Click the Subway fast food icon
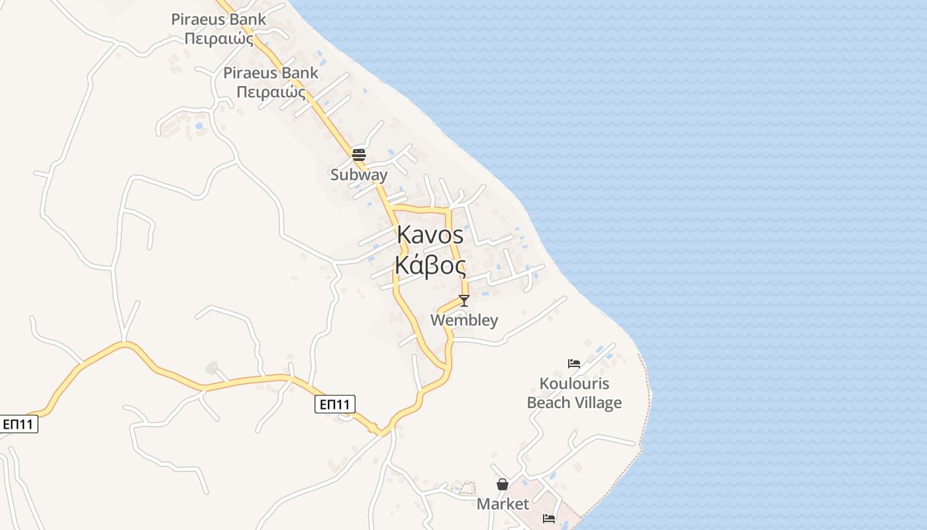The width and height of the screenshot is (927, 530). tap(359, 155)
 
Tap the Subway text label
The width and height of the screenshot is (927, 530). tap(359, 175)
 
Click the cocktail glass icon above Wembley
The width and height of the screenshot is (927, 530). tap(464, 301)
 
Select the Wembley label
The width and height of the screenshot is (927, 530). tap(464, 321)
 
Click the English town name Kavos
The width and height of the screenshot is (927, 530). tap(430, 235)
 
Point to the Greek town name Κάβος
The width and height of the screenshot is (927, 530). tap(430, 265)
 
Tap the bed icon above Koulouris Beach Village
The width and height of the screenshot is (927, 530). tap(574, 364)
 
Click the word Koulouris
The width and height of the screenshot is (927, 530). tap(574, 384)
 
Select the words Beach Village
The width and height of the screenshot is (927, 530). tap(574, 403)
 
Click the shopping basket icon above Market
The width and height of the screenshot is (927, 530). tap(503, 484)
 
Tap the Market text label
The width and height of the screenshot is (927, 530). tap(503, 504)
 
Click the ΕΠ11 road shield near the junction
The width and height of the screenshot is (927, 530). tap(335, 404)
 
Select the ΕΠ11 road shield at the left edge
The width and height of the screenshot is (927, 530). tap(19, 424)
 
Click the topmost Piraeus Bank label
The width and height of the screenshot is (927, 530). tap(219, 19)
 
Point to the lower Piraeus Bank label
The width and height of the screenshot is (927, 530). tap(271, 73)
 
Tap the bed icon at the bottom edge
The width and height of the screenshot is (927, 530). tap(549, 519)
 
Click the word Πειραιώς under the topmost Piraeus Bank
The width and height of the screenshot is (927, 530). tap(219, 38)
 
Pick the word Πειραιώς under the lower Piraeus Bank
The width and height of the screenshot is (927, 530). tap(271, 92)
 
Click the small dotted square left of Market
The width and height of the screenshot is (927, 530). tap(468, 488)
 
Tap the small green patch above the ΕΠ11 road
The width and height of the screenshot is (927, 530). tap(212, 368)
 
